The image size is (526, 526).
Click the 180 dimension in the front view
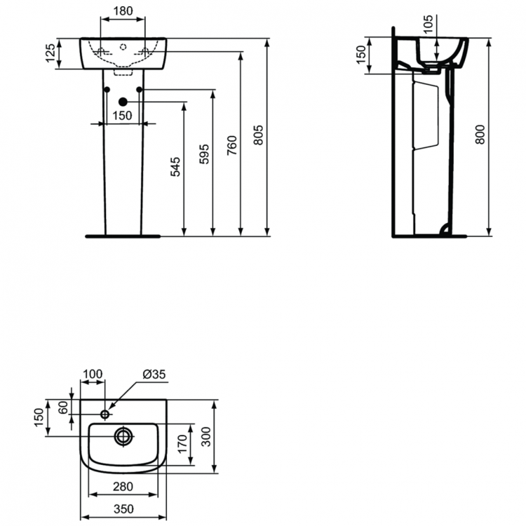(x=123, y=11)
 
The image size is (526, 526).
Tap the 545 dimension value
(x=175, y=166)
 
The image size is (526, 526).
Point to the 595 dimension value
(x=203, y=154)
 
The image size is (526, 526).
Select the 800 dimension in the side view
(x=480, y=134)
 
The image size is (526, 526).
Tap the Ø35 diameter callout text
(x=154, y=375)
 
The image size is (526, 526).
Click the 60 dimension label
(x=63, y=407)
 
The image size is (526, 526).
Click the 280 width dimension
(x=123, y=487)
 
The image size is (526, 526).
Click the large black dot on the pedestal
(x=122, y=102)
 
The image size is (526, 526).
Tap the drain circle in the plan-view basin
(x=123, y=436)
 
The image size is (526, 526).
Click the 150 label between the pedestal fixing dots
(x=123, y=115)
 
